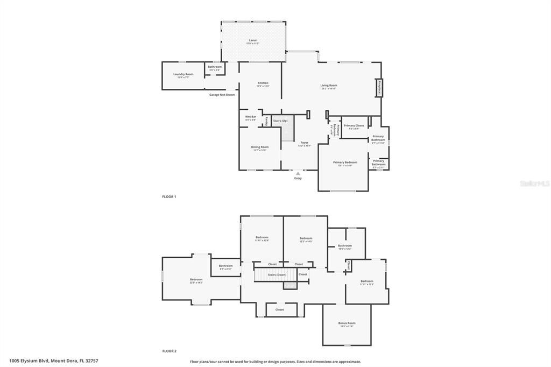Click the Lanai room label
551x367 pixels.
coord(252,40)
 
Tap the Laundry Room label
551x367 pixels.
coord(183,74)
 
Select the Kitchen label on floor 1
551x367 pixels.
coord(263,83)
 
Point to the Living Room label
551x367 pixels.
coord(329,85)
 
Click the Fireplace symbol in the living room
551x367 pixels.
coord(379,87)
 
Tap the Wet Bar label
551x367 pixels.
coord(251,117)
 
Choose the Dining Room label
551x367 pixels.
coord(260,147)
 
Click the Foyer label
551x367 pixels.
coord(305,143)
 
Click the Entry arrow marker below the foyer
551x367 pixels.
coord(298,173)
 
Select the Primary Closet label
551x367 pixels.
coord(354,125)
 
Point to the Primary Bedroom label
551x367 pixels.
coord(345,162)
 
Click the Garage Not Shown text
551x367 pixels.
coord(222,95)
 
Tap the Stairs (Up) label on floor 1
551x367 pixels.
coord(280,121)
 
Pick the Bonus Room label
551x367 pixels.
coord(347,323)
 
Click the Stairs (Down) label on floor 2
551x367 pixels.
coord(277,274)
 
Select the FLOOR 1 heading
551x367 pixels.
coord(169,196)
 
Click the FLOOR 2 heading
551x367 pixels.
coord(169,351)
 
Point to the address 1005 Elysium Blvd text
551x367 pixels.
coord(54,361)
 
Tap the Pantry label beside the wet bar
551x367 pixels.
coord(266,121)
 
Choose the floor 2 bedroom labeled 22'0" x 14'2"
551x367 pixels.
coord(196,279)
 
